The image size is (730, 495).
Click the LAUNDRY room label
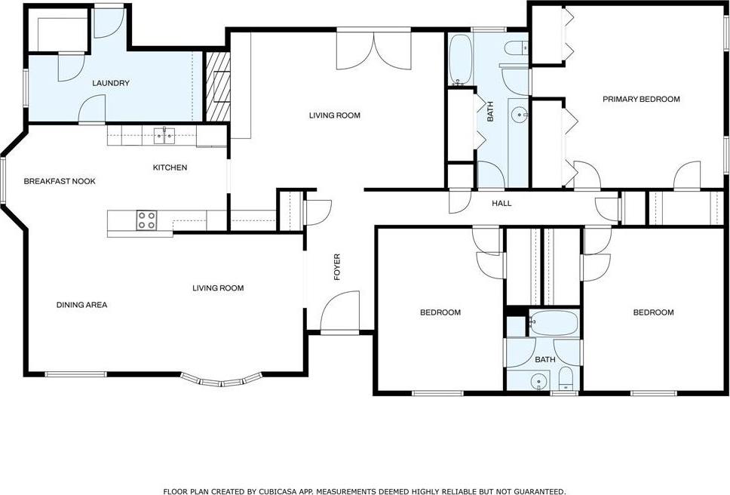111,83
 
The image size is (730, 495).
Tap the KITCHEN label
170,168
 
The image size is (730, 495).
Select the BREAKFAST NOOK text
60,181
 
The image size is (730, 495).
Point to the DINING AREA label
81,305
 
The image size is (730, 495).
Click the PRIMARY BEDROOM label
641,99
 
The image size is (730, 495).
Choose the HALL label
501,203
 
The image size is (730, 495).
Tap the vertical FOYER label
337,268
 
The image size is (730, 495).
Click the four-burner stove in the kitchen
147,220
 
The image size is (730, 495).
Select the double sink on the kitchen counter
164,136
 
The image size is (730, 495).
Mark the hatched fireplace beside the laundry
217,85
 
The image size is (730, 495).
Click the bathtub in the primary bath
459,60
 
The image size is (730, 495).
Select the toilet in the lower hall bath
566,380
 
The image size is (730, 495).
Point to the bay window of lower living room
223,379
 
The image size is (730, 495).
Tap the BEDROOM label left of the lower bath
440,312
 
